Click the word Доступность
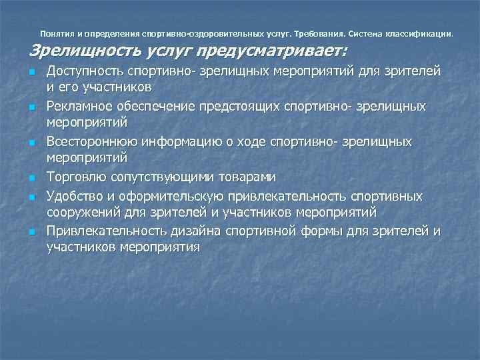(85, 71)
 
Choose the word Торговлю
(74, 177)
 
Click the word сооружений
(79, 212)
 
